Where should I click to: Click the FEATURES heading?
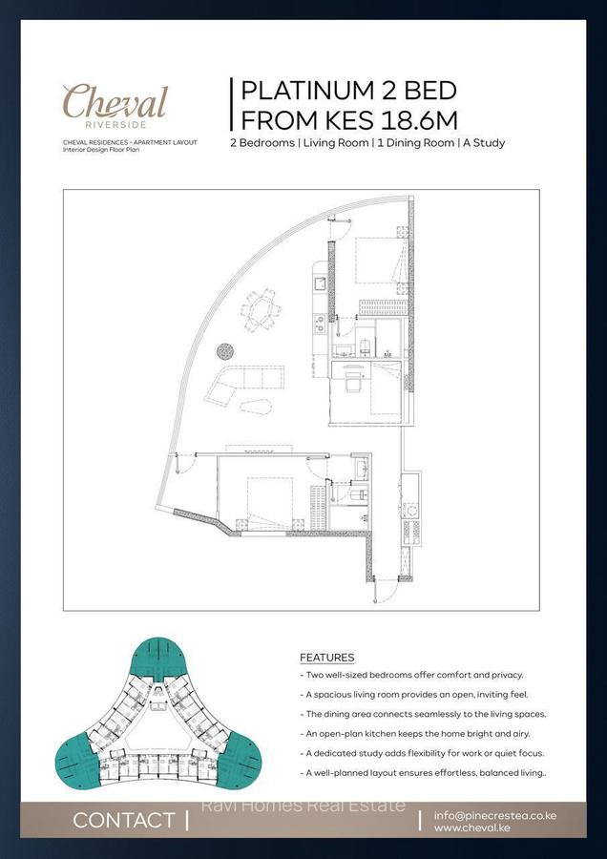tap(326, 658)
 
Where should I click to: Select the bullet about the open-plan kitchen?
tap(418, 733)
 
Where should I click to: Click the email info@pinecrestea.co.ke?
tap(494, 816)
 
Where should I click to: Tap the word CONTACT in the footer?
tap(123, 820)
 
